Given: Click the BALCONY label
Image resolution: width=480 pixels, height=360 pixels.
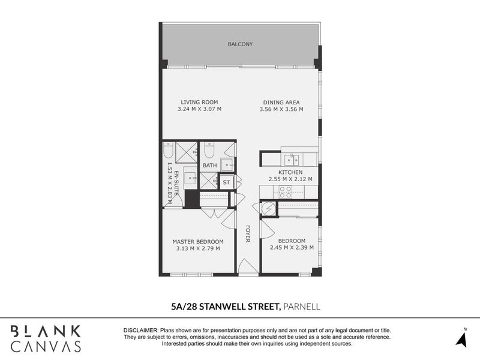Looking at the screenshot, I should click(x=240, y=44).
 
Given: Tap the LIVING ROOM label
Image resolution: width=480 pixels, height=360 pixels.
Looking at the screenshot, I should click(x=200, y=102).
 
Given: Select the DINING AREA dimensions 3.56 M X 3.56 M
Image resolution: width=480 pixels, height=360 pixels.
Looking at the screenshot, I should click(x=281, y=110).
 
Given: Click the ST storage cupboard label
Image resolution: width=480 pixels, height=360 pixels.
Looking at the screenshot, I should click(x=226, y=182).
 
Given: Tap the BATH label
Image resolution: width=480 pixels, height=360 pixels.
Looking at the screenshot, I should click(x=209, y=166).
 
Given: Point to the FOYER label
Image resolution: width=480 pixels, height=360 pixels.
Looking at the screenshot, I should click(x=247, y=234).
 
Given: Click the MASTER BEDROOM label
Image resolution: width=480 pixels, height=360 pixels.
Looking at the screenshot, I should click(x=198, y=241).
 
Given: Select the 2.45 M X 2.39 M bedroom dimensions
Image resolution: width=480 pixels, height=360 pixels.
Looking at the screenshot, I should click(x=292, y=248).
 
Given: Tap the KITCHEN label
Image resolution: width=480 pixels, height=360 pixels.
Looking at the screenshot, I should click(x=291, y=172).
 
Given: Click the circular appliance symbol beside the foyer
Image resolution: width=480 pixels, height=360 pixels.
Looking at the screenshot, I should click(x=268, y=208).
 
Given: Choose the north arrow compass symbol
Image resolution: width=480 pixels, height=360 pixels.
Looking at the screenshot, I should click(x=462, y=338).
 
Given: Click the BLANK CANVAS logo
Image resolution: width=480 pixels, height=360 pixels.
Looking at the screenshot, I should click(x=46, y=338).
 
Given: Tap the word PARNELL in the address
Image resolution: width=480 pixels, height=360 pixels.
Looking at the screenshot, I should click(x=302, y=307).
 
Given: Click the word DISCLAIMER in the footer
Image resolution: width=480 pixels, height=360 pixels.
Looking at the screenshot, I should click(x=140, y=331).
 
